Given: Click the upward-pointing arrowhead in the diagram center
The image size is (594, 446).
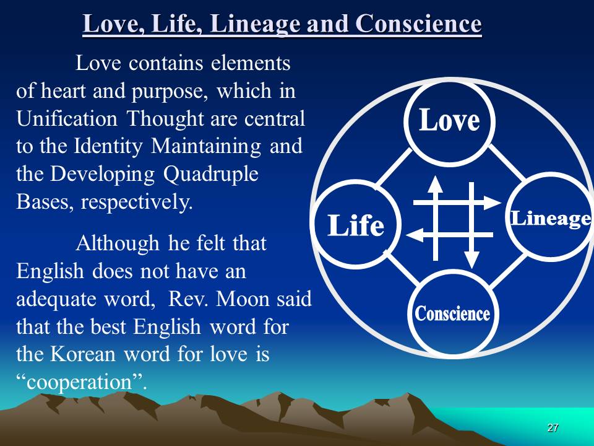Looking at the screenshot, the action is [435, 185].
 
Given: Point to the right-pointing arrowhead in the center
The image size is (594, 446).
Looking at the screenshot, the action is [493, 203].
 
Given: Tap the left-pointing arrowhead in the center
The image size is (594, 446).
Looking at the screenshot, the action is [414, 235].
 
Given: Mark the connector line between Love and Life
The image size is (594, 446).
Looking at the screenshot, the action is [394, 168].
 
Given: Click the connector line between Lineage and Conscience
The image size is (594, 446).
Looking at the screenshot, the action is [509, 271].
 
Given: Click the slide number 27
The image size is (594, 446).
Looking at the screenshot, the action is [553, 427].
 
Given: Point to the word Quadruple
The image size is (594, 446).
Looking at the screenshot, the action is [211, 174].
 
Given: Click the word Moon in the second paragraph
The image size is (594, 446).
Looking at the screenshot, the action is [243, 299].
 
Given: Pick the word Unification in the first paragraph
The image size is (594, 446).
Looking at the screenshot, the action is [67, 118].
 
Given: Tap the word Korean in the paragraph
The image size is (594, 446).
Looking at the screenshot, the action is [82, 354].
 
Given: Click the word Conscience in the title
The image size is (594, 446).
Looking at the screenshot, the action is [419, 24].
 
